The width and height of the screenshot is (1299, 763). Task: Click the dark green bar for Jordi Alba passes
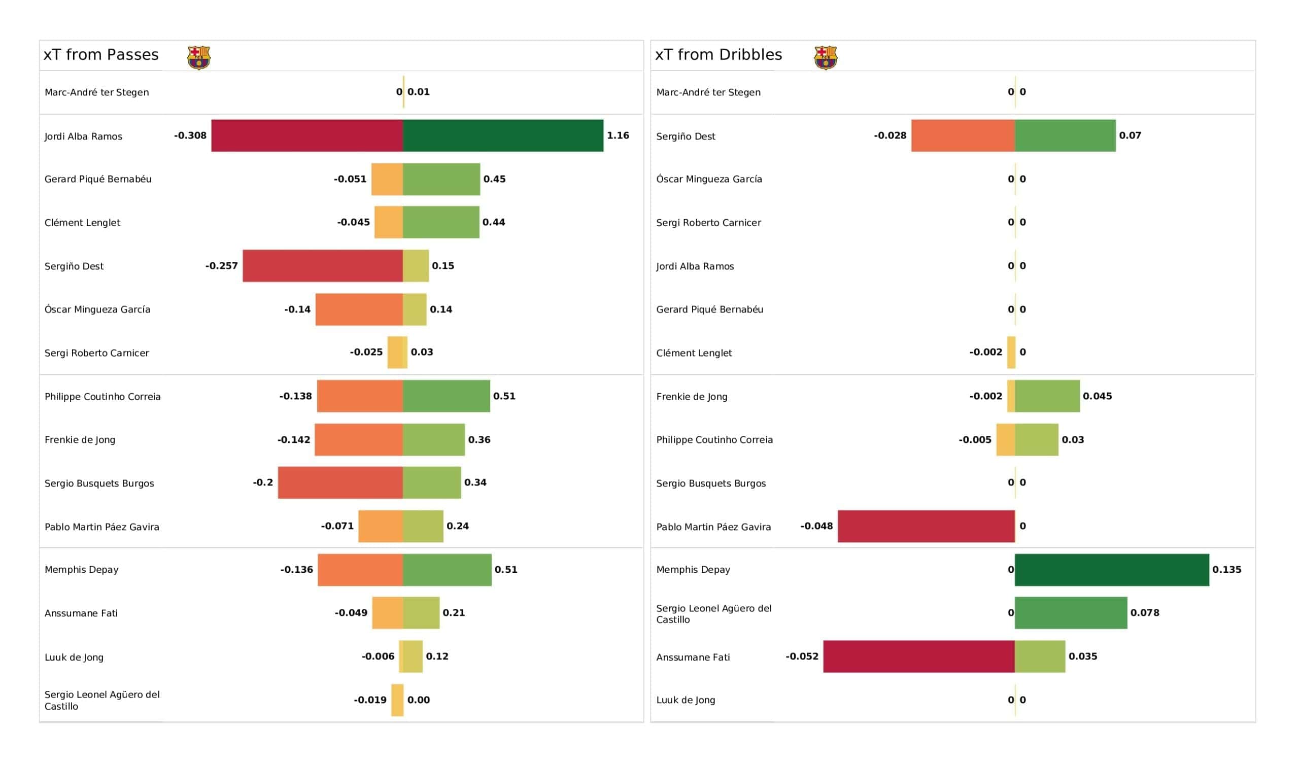(502, 135)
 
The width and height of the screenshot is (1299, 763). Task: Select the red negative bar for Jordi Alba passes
(307, 135)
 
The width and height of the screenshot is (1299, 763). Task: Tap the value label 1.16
(618, 135)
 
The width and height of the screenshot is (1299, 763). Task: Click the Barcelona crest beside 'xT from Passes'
(198, 57)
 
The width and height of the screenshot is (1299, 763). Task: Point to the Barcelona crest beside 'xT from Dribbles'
(825, 57)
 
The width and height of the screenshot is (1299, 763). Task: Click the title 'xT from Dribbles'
(718, 55)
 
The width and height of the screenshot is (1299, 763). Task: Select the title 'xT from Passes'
(101, 55)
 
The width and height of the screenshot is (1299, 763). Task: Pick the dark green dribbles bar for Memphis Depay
(1111, 570)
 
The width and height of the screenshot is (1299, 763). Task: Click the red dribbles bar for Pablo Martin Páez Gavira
(926, 527)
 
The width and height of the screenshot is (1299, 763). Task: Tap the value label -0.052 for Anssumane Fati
(802, 656)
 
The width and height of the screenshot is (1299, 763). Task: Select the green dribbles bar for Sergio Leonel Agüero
(1071, 613)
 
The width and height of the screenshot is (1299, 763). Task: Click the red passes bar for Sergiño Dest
(323, 266)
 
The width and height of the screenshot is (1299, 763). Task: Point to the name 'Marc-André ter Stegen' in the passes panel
(97, 92)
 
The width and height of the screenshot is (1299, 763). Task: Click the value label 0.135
(1226, 570)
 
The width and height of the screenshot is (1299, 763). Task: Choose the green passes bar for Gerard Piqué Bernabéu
(441, 180)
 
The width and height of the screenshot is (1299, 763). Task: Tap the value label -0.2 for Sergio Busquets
(263, 482)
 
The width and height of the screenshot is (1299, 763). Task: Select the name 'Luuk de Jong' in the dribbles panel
(686, 700)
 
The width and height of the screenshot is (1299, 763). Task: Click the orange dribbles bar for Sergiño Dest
(963, 135)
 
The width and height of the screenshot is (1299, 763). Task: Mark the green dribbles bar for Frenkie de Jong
(1047, 396)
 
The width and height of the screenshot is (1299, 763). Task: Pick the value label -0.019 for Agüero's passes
(370, 700)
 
